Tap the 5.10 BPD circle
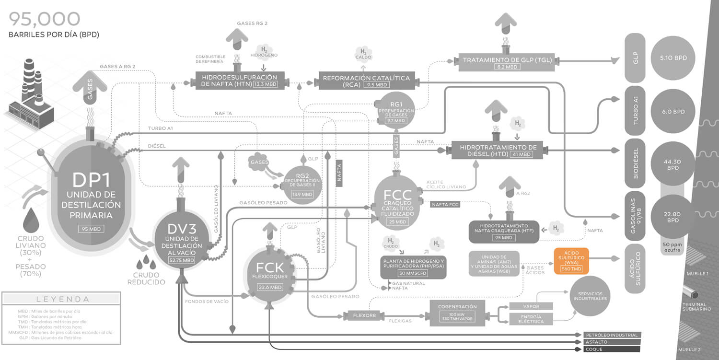[x=673, y=58]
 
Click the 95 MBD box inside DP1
[x=91, y=229]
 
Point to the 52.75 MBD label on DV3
[x=182, y=260]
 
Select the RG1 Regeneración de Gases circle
[x=396, y=110]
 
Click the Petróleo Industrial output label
[x=612, y=335]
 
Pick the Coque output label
[x=612, y=349]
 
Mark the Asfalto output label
[x=612, y=342]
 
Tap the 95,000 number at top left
[x=45, y=19]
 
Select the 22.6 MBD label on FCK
[x=269, y=287]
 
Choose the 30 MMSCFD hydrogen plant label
[x=413, y=273]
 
